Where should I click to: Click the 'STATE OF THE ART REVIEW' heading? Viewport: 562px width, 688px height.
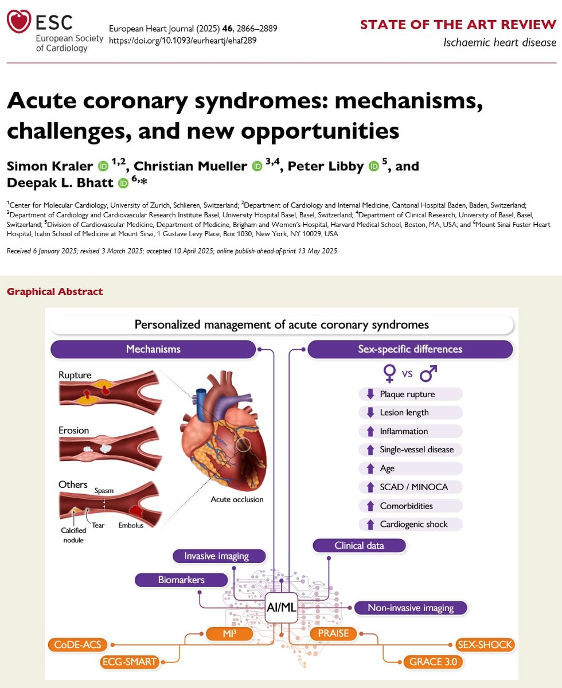click(x=458, y=25)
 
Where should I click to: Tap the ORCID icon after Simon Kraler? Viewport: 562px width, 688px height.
click(x=103, y=167)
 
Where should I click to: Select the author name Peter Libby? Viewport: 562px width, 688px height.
click(x=325, y=166)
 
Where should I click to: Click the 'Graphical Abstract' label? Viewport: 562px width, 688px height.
click(x=54, y=292)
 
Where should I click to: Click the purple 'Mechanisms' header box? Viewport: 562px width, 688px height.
click(x=153, y=349)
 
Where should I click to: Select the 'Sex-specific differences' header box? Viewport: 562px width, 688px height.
click(x=410, y=349)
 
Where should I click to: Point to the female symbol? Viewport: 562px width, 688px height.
click(x=389, y=375)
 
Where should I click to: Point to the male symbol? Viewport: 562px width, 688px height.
click(x=428, y=374)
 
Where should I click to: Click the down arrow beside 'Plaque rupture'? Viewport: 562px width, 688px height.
click(x=369, y=394)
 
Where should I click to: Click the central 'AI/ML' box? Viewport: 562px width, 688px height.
click(x=282, y=608)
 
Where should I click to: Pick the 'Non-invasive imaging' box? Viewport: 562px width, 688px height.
click(x=411, y=608)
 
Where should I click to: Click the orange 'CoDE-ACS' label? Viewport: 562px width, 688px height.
click(x=79, y=644)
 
